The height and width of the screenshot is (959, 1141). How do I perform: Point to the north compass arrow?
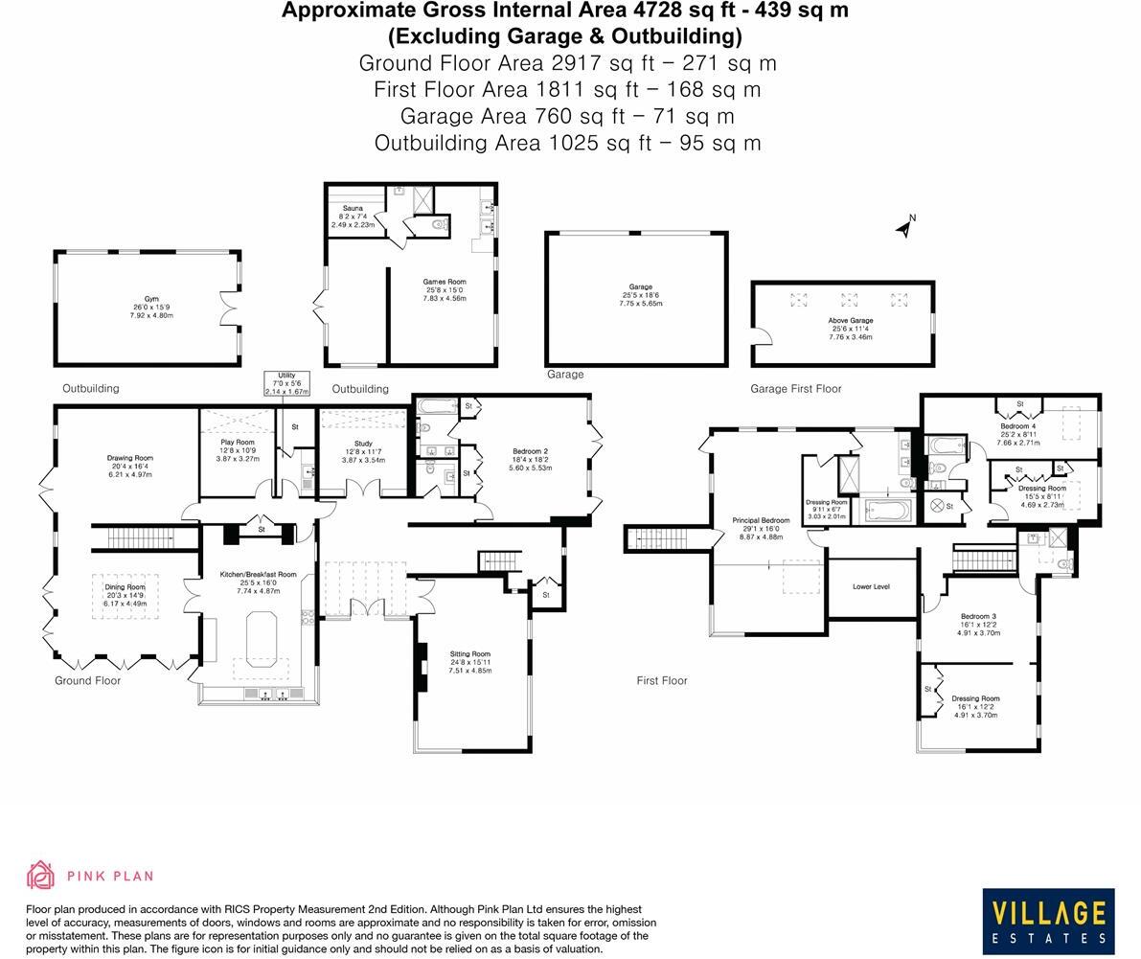click(904, 227)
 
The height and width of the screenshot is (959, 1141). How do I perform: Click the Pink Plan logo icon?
click(40, 875)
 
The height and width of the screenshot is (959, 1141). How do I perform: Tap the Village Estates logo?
click(1048, 922)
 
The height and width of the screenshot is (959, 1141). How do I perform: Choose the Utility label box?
click(286, 383)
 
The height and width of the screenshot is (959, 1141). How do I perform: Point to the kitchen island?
click(261, 640)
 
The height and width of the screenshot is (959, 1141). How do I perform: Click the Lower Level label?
click(871, 586)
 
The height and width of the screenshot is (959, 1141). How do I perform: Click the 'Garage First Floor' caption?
click(795, 389)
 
